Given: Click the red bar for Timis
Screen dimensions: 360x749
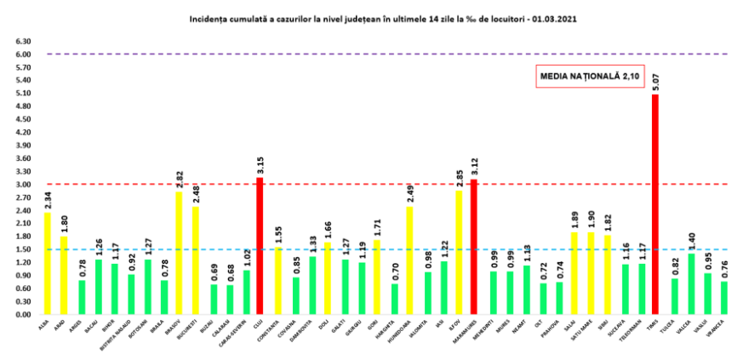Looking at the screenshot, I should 655,204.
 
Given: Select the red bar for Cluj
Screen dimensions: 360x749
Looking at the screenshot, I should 259,246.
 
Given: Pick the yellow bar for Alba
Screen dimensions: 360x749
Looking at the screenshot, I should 48,264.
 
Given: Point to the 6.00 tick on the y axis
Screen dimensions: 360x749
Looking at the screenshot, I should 24,54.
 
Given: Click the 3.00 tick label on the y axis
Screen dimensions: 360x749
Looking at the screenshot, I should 24,185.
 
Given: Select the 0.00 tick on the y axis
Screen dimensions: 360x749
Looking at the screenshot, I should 24,315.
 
